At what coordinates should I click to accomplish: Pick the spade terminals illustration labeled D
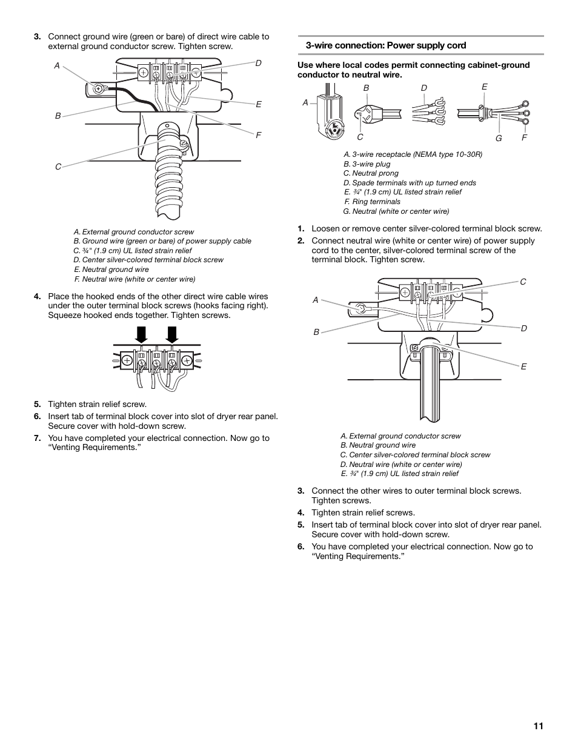click(429, 111)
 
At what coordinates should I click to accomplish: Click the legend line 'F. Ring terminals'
click(372, 202)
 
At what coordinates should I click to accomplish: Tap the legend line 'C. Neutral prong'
click(371, 173)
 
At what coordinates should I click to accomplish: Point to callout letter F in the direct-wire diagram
click(258, 135)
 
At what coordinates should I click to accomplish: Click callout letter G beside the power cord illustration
click(499, 139)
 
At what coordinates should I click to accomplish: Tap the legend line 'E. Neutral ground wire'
click(111, 270)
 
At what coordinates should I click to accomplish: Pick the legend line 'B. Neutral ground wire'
click(378, 445)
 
